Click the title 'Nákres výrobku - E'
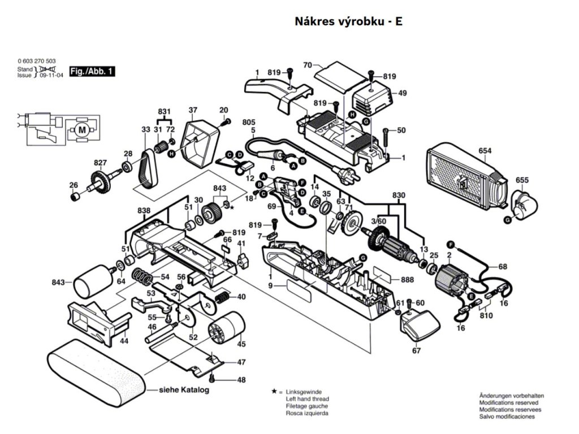(348, 21)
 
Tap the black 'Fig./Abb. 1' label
(92, 72)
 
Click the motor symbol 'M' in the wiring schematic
(83, 130)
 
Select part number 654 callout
(485, 151)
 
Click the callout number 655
(522, 180)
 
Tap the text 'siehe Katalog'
(184, 390)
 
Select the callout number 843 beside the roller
(57, 281)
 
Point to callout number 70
(308, 66)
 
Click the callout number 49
(403, 93)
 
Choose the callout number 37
(193, 110)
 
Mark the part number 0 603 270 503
(37, 60)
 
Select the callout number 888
(407, 280)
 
